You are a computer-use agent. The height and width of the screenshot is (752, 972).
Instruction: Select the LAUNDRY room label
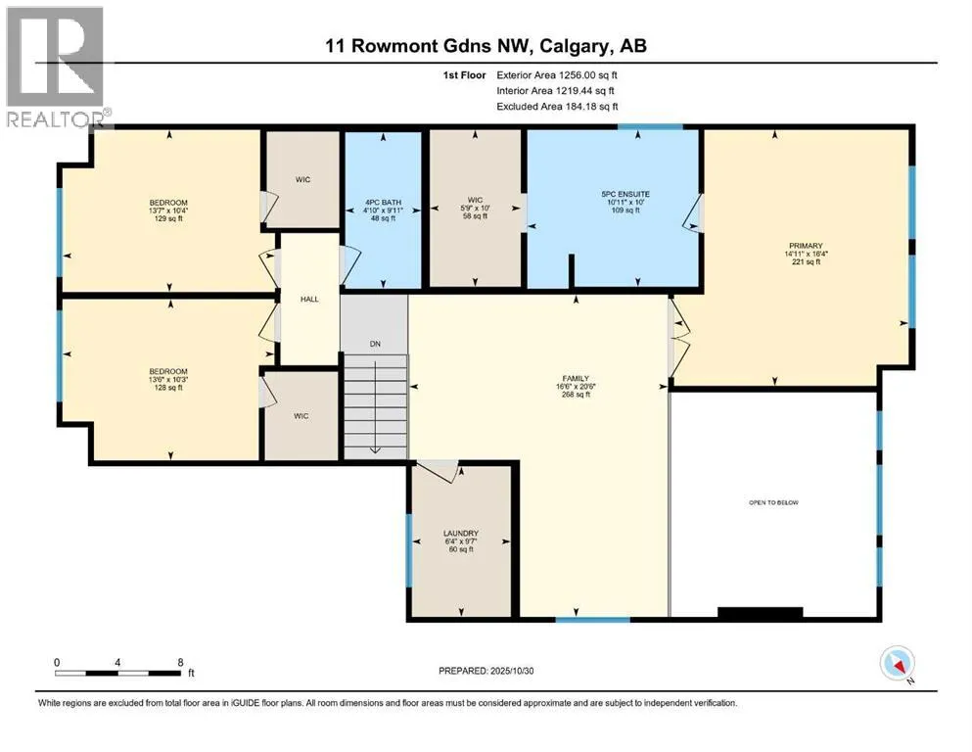tap(459, 534)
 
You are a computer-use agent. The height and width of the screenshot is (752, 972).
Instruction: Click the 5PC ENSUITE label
tap(625, 194)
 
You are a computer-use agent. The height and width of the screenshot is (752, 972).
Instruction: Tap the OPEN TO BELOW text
tap(773, 502)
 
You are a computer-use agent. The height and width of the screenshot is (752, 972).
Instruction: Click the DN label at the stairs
tap(374, 344)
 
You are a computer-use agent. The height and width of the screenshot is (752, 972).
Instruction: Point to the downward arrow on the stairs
tap(374, 446)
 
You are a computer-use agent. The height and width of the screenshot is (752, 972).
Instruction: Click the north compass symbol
tap(898, 665)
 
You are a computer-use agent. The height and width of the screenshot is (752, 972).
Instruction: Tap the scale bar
tap(118, 673)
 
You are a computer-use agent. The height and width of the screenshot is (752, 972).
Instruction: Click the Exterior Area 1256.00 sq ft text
tap(557, 74)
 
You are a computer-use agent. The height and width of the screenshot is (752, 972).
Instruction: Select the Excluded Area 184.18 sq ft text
tap(557, 107)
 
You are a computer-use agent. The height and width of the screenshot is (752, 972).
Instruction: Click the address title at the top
tap(486, 46)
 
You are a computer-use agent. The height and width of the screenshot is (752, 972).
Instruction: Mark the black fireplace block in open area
tap(761, 614)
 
